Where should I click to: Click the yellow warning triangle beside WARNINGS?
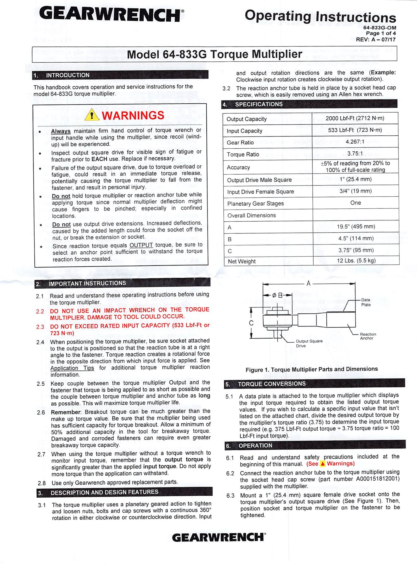(91, 115)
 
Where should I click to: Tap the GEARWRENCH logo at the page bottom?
(218, 537)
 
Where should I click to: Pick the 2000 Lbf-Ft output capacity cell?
(355, 118)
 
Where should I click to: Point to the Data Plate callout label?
(366, 302)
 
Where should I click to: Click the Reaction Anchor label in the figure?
(368, 336)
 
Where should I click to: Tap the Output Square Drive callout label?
(309, 343)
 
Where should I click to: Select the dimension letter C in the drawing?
(251, 323)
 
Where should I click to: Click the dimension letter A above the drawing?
(308, 283)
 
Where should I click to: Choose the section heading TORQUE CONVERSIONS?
(272, 384)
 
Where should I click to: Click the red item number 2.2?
(40, 311)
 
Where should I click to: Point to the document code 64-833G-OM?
(379, 28)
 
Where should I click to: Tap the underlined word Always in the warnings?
(61, 131)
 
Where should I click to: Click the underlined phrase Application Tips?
(72, 368)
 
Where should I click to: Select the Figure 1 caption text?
(311, 369)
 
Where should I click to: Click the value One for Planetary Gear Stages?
(356, 203)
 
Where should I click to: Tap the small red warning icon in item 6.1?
(323, 464)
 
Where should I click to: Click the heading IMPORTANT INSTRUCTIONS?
(87, 283)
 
